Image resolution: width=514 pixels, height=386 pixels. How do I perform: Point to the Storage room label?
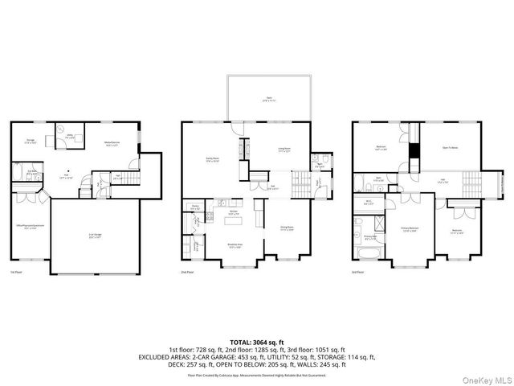tap(31, 142)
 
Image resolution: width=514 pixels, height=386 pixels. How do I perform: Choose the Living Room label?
tap(284, 149)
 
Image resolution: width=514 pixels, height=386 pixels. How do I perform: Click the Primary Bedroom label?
tap(411, 229)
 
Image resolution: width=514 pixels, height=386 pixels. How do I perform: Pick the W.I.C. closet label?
tap(369, 203)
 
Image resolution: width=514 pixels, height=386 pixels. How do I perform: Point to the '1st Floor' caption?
tap(16, 272)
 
